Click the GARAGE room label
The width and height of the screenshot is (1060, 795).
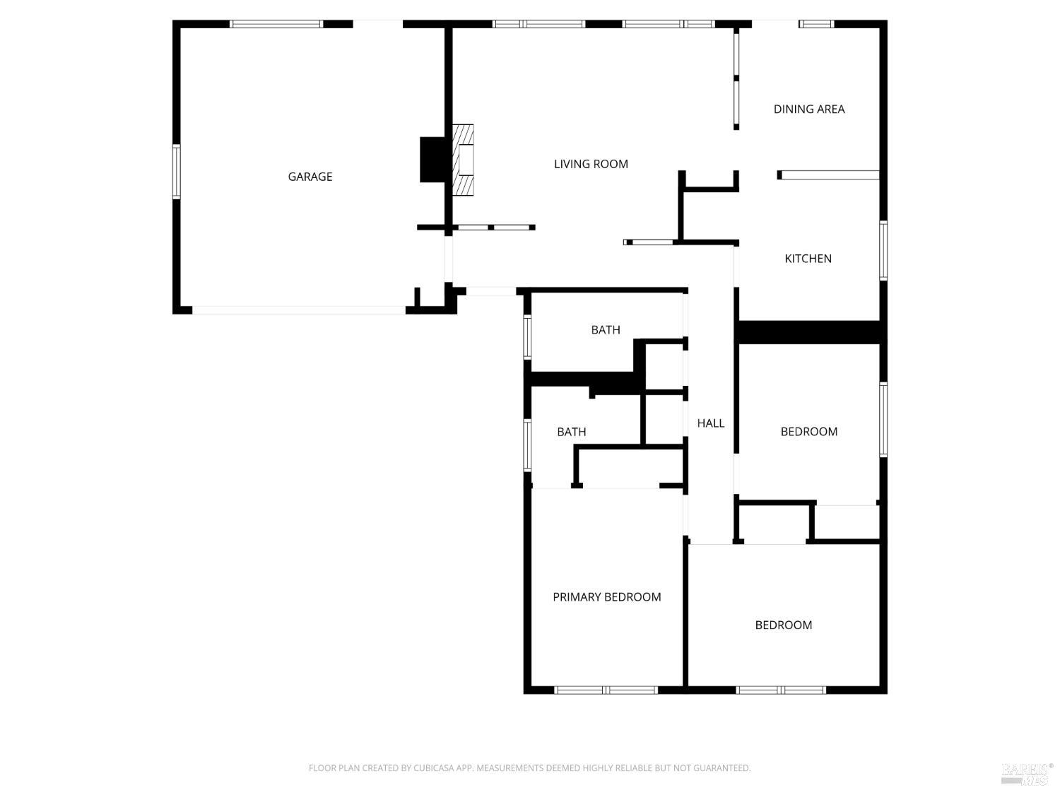(x=310, y=177)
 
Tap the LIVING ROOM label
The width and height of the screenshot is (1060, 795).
(x=591, y=164)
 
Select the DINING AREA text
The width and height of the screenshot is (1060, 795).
(x=809, y=109)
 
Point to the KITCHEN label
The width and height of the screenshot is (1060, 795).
(x=808, y=259)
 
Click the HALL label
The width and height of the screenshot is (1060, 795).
(x=710, y=423)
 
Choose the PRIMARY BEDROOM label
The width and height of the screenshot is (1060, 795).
(x=606, y=597)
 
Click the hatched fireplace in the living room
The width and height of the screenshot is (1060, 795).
(x=463, y=160)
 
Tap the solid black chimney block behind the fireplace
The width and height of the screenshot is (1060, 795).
(x=432, y=160)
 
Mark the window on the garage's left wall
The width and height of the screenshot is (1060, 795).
(x=177, y=171)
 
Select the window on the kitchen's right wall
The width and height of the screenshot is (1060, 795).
(x=883, y=251)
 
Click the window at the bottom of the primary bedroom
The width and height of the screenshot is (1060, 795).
(x=606, y=690)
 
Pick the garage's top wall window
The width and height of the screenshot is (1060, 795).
(x=276, y=24)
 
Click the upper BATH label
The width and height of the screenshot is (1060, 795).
(x=606, y=330)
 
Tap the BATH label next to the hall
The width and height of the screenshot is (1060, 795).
(x=571, y=432)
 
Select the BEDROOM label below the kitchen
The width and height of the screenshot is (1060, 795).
(x=809, y=432)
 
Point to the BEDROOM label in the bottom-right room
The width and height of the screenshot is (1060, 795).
(x=783, y=625)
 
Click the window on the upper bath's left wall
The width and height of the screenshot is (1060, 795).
(x=527, y=337)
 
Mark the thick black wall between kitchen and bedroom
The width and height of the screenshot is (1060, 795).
(x=809, y=332)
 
